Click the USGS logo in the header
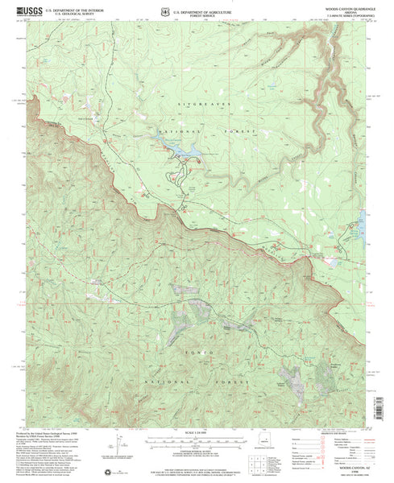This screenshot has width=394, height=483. click(x=26, y=10)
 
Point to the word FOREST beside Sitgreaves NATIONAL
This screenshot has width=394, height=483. click(x=242, y=132)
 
